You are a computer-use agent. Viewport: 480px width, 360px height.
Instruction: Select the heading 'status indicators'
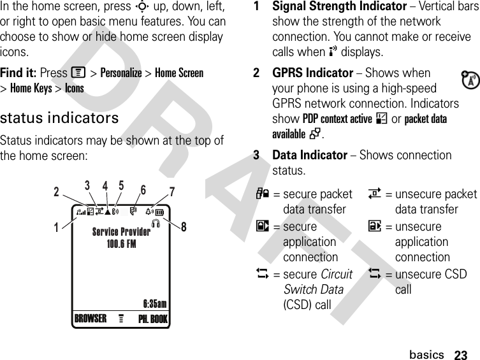coord(59,118)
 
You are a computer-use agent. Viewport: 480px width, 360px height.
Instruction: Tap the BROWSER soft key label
coord(91,318)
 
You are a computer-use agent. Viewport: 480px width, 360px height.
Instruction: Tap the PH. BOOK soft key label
coord(152,319)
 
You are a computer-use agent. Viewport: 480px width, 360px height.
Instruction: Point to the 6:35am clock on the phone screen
coord(154,303)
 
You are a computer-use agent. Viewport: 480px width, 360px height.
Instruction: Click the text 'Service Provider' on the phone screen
coord(121,232)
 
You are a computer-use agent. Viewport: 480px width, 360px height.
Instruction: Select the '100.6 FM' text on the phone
coord(121,243)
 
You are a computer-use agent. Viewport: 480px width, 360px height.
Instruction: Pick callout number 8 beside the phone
coord(184,226)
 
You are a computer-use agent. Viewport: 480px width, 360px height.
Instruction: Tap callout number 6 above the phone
coord(143,189)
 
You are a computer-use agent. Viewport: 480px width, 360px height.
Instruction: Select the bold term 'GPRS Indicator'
coord(312,73)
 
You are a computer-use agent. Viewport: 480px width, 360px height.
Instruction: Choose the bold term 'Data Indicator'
coord(309,155)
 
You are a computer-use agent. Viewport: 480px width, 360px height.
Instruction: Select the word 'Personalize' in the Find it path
coord(121,73)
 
